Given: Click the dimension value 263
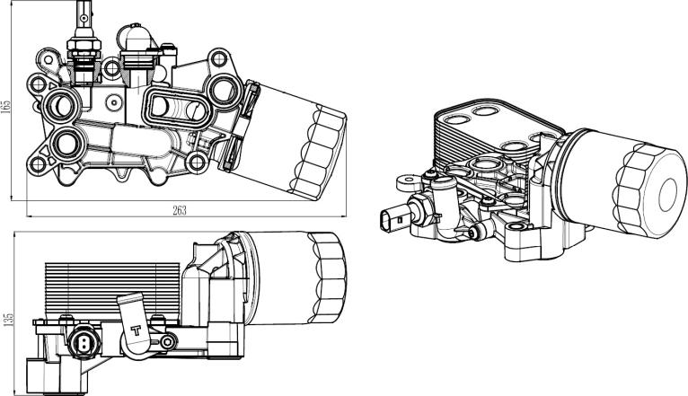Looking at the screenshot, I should click(x=178, y=210).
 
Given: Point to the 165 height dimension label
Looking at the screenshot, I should click(x=7, y=105).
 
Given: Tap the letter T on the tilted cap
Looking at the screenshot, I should click(x=137, y=328).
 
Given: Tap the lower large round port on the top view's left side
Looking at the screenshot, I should click(x=66, y=143).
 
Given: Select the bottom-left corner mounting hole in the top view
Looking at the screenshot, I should click(x=38, y=164).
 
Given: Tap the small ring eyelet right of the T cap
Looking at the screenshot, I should click(x=168, y=341).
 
